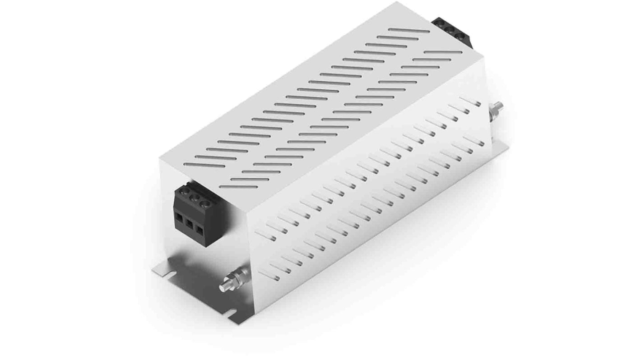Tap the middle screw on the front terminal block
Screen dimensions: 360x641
(x=195, y=199)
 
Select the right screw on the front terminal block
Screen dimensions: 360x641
(x=207, y=203)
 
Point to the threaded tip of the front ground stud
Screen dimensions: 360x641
(x=223, y=287)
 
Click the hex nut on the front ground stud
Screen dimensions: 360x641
(x=237, y=280)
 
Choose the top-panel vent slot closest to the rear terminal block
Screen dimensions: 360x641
(x=409, y=31)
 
